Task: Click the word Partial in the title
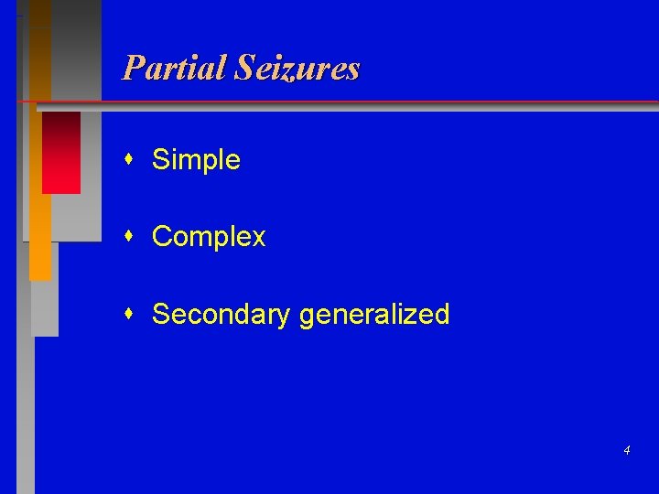click(174, 68)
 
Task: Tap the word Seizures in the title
click(297, 68)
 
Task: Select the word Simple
click(196, 160)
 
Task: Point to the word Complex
click(209, 237)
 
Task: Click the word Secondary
click(221, 315)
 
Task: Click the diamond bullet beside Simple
click(132, 160)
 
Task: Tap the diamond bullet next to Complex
click(132, 237)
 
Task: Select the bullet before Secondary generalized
click(132, 314)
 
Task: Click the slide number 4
click(626, 450)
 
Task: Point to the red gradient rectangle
click(61, 152)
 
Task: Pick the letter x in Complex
click(258, 238)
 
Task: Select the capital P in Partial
click(134, 68)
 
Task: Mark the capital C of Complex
click(162, 237)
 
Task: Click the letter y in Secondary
click(285, 317)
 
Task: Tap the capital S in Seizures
click(243, 68)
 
